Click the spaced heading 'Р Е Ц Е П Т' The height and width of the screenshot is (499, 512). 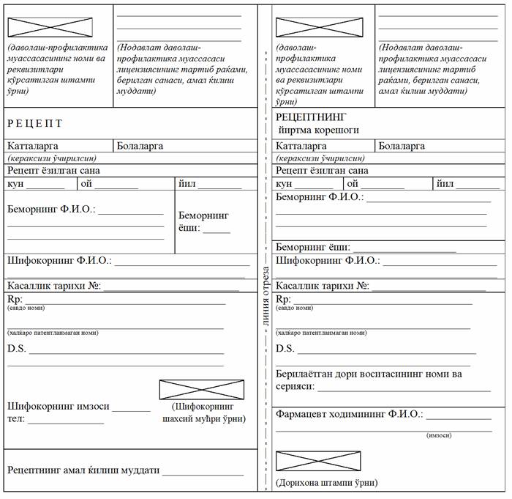tap(35, 123)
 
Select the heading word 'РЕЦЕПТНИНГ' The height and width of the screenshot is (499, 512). tap(311, 117)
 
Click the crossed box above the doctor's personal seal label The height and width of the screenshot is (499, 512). tap(201, 390)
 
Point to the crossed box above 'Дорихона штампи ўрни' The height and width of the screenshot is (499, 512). tap(317, 461)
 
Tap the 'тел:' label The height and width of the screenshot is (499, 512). tap(16, 419)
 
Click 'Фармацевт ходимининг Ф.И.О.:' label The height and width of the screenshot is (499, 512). tap(349, 414)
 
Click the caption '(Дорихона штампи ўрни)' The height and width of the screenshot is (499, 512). tap(326, 483)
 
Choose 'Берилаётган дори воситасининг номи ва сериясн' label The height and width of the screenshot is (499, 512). tap(369, 380)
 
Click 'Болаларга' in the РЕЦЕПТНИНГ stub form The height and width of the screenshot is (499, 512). tap(402, 146)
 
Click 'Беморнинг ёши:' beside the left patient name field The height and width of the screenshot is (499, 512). tap(203, 221)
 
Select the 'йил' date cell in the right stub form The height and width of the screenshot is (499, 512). tap(445, 184)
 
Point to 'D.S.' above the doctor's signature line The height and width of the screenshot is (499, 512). tap(16, 348)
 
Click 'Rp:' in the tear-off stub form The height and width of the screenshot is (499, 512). tap(283, 300)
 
